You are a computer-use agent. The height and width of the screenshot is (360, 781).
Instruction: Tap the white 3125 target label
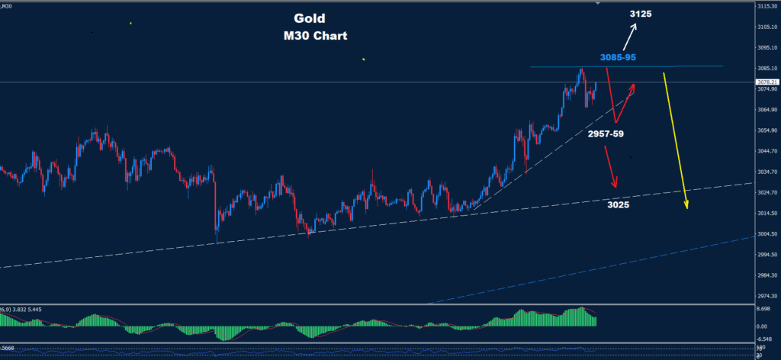pyautogui.click(x=641, y=14)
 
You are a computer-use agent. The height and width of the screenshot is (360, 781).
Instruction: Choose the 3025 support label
pyautogui.click(x=618, y=204)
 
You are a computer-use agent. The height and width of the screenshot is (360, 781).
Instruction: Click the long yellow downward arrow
pyautogui.click(x=676, y=140)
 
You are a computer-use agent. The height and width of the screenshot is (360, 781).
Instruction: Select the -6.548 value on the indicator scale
pyautogui.click(x=763, y=338)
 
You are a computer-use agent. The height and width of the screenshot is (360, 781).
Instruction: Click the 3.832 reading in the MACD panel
pyautogui.click(x=22, y=309)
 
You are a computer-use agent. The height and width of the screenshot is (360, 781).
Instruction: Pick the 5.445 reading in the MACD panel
pyautogui.click(x=43, y=309)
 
